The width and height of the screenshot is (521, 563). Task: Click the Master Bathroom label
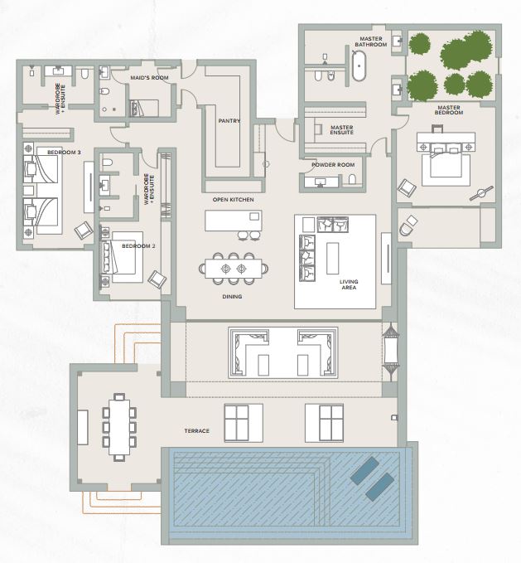tap(371, 41)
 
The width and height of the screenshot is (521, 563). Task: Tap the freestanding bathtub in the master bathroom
tap(359, 66)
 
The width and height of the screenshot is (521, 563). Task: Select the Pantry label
tap(229, 121)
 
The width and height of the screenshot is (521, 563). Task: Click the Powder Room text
tap(333, 165)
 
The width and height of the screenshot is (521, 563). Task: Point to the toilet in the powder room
tap(352, 179)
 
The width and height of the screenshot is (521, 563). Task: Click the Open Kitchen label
tap(233, 200)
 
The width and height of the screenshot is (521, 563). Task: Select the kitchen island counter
tap(234, 221)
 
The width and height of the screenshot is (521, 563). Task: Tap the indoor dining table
tap(234, 268)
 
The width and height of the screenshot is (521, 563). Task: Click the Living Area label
tap(349, 284)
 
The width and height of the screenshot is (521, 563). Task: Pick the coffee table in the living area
tap(332, 258)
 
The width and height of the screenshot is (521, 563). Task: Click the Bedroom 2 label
tap(138, 246)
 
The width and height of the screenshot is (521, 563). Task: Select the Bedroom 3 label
tap(64, 153)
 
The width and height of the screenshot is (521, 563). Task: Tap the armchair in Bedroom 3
tap(84, 231)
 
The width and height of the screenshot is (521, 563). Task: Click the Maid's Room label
tap(149, 78)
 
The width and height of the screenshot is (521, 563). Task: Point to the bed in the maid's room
tap(144, 108)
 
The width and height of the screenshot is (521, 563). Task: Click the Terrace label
tap(197, 431)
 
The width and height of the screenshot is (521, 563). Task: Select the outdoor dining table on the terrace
tap(120, 427)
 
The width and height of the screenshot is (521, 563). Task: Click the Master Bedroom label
tap(449, 110)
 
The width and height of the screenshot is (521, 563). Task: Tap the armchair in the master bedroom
tap(407, 187)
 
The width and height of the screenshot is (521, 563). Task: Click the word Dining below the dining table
tap(232, 297)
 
